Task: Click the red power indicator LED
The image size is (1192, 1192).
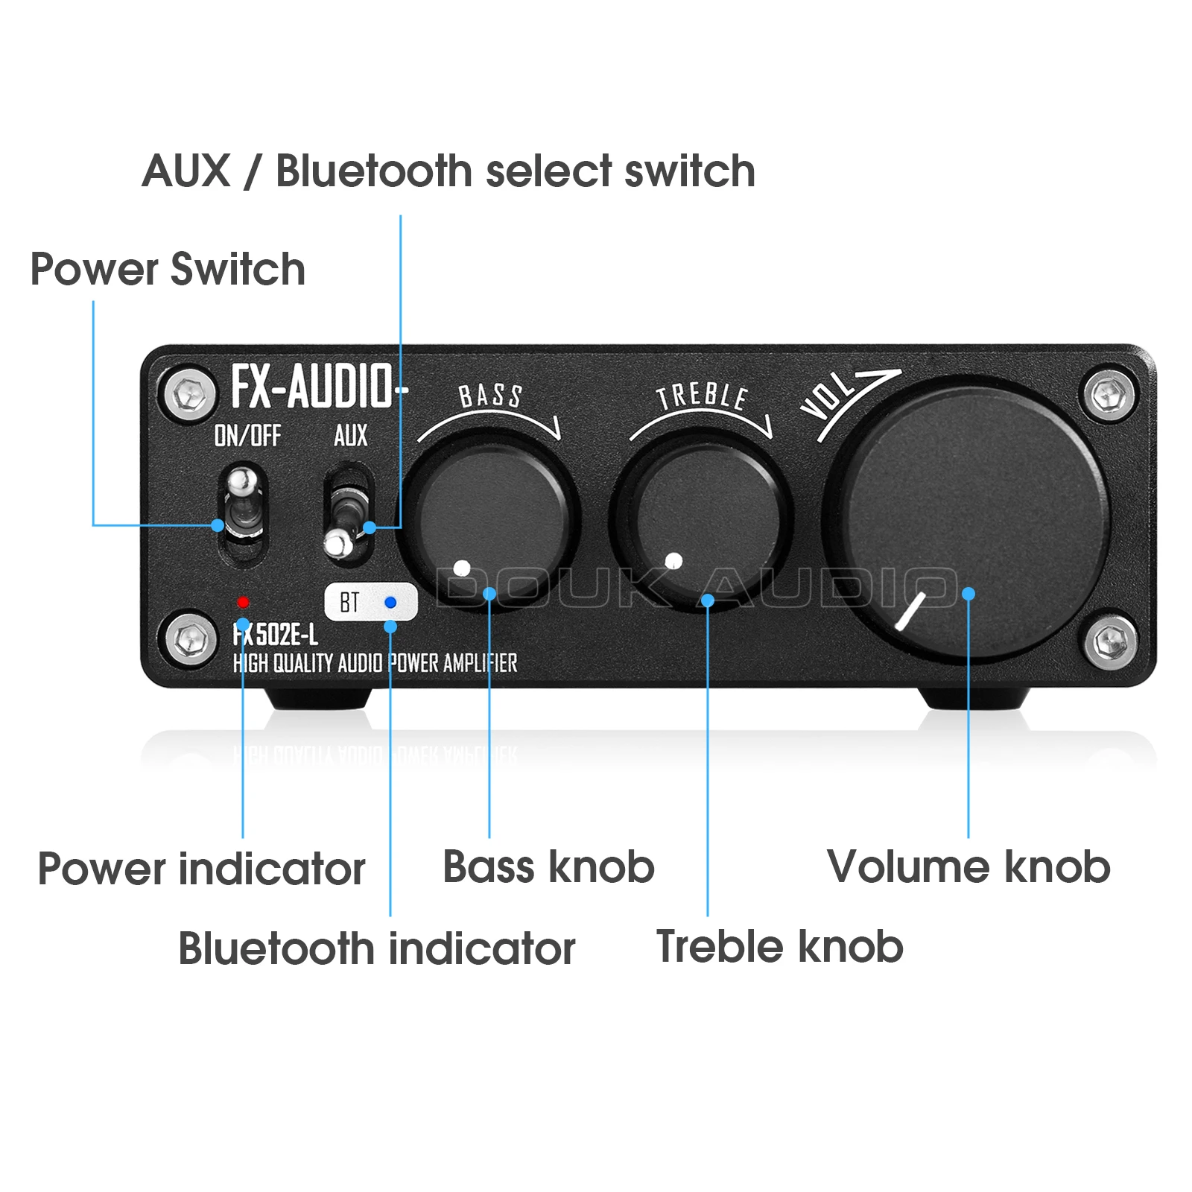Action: point(243,602)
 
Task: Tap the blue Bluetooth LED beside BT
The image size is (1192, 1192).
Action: point(390,602)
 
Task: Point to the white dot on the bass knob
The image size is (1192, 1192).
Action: point(462,568)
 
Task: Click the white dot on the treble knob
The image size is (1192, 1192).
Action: point(673,560)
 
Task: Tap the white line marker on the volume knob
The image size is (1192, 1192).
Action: point(910,611)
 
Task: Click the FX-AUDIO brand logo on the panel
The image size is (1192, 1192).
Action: point(313,387)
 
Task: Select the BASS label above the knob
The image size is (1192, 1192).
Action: point(490,396)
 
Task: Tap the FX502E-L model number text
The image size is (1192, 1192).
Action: point(276,635)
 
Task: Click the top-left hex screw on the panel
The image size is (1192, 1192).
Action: point(189,392)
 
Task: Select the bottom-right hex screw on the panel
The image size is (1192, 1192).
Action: point(1110,639)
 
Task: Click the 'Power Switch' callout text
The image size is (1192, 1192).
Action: point(168,269)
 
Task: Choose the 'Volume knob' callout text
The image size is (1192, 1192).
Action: point(968,867)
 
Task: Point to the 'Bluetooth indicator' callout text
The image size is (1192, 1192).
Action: point(377,948)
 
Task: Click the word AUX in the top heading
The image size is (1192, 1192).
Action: point(186,171)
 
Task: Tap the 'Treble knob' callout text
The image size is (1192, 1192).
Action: point(779,947)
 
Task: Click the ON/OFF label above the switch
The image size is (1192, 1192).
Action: point(247,435)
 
